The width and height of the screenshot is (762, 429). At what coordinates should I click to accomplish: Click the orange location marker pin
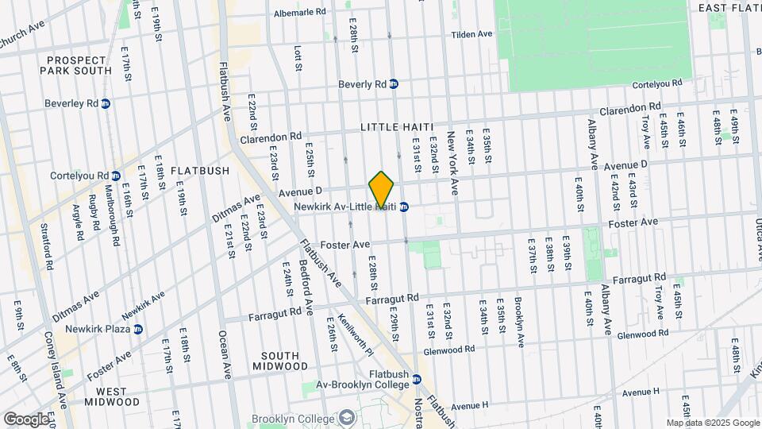coord(382,190)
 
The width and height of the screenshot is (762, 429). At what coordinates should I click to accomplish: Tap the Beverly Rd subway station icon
coord(394,83)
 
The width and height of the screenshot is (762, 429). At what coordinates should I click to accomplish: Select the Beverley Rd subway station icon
coord(106,103)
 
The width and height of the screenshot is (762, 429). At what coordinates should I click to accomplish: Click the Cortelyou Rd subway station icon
coord(116,176)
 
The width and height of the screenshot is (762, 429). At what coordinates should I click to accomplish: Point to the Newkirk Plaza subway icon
coord(138,328)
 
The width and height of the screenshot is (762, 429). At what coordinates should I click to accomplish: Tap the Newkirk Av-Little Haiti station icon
coord(403,207)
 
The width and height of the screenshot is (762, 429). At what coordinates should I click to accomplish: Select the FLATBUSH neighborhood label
coord(199,170)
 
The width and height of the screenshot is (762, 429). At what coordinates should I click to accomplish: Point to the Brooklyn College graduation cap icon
coord(347,418)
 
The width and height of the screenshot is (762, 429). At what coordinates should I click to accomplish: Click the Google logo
coord(26,419)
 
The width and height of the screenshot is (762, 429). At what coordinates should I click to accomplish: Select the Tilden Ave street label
coord(472,34)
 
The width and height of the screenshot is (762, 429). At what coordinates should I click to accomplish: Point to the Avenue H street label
coord(641,392)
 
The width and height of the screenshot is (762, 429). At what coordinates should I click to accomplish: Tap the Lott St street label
coord(298,56)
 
